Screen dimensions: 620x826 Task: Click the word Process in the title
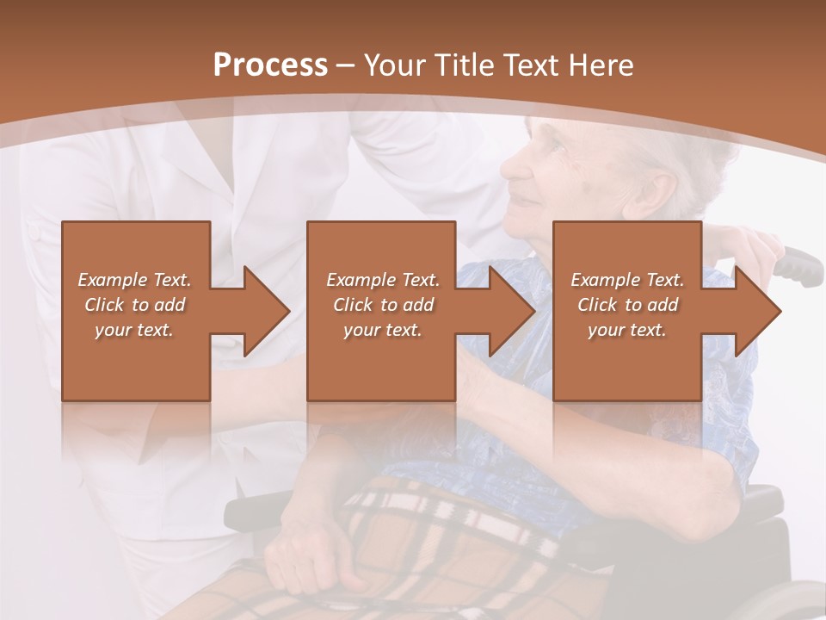(x=270, y=65)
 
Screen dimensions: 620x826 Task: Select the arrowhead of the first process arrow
(x=267, y=311)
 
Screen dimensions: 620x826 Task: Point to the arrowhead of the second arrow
(x=513, y=311)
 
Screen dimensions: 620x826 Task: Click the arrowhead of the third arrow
(x=758, y=311)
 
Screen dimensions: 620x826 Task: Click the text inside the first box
(x=135, y=304)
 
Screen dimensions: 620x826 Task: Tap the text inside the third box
(x=627, y=304)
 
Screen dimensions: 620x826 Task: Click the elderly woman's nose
(x=509, y=169)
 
